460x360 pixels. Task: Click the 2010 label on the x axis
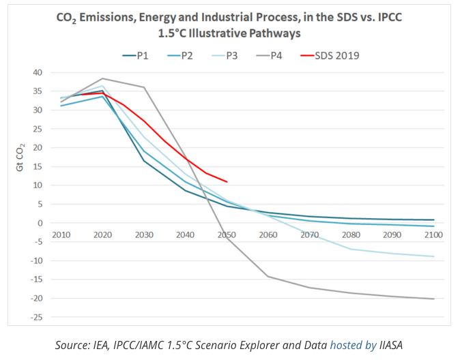61,235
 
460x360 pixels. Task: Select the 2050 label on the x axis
227,235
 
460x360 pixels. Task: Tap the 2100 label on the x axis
433,235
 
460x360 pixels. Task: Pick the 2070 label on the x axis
309,235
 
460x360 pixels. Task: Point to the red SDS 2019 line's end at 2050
227,182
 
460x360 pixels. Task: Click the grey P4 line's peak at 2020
102,78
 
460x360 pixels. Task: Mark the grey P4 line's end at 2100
433,299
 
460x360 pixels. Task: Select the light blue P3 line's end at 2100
433,256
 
